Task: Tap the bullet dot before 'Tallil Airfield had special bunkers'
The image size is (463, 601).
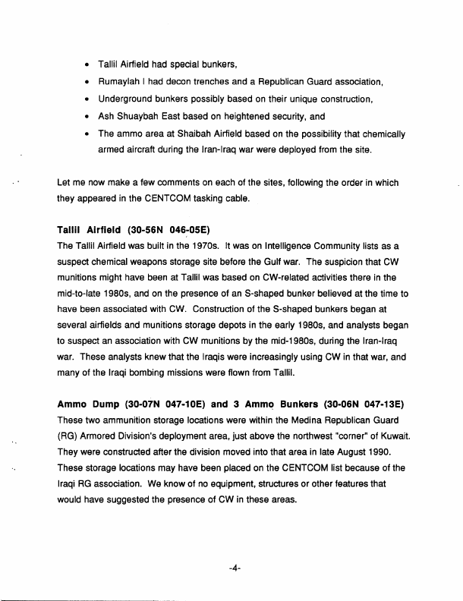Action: tap(89, 65)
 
